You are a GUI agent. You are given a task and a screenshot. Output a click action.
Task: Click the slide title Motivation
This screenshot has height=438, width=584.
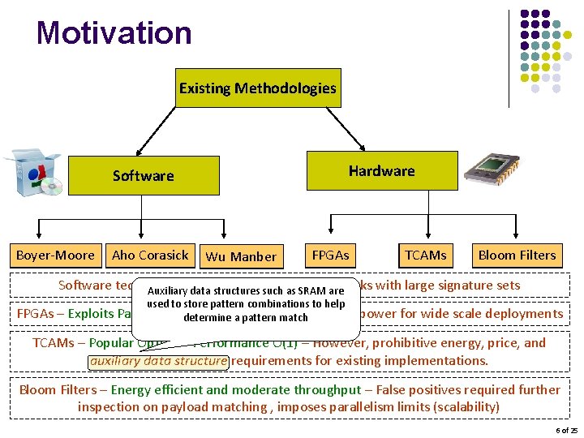[114, 33]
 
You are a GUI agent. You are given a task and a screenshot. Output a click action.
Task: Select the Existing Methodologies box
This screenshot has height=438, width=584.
[257, 88]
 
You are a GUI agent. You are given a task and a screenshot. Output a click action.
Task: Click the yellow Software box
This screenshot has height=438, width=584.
[143, 176]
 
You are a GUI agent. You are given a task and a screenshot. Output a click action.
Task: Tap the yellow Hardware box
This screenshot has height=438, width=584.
[381, 171]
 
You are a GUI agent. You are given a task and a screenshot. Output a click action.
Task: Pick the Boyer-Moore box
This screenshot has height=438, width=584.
[55, 255]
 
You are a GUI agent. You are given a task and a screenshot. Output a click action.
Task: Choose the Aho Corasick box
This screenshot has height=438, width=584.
[150, 255]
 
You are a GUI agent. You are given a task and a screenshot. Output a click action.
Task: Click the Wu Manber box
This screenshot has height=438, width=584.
[241, 257]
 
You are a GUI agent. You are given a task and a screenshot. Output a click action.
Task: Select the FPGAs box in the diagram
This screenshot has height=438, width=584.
[331, 255]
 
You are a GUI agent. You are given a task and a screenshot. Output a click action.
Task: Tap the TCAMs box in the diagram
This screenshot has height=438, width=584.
[426, 255]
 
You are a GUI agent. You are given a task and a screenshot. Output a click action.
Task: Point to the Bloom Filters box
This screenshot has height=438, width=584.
[517, 255]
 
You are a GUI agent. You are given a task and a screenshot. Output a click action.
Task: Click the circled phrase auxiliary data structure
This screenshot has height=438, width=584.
[159, 360]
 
